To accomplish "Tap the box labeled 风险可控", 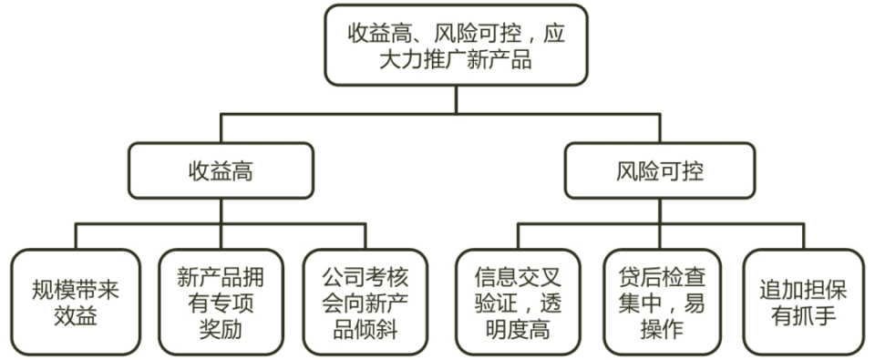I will (659, 170).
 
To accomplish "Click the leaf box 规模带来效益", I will (76, 302).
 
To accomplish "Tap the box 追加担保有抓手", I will (805, 302).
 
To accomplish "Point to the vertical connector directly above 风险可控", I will (659, 127).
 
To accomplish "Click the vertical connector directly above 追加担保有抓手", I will (805, 234).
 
